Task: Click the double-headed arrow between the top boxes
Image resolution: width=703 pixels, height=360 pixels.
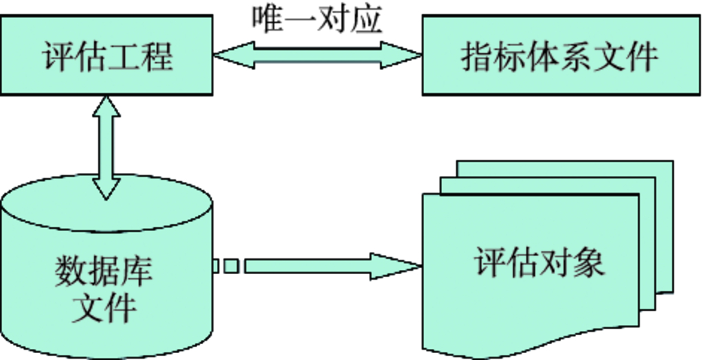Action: tap(317, 56)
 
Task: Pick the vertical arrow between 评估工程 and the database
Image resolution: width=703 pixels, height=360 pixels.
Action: tap(107, 148)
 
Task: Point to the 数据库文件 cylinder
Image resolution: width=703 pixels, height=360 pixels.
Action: tap(107, 275)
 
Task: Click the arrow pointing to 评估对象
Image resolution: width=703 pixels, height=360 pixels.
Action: tap(330, 266)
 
